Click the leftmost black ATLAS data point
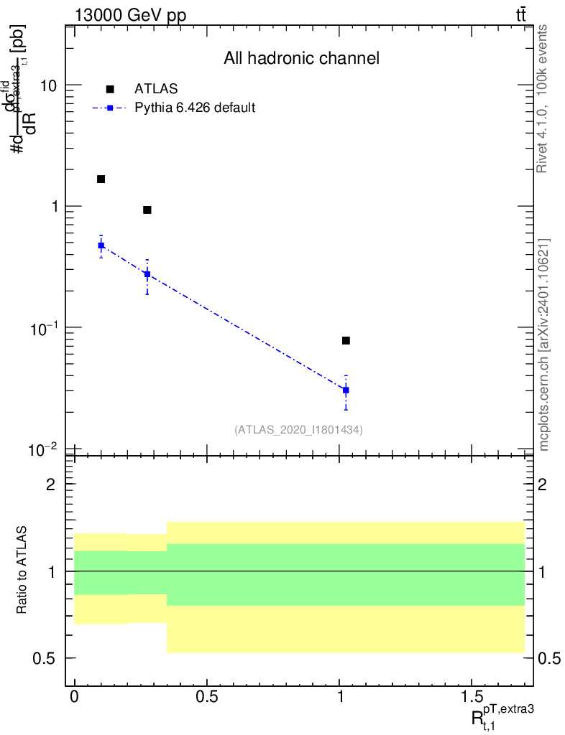[x=101, y=179]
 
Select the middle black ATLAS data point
[x=147, y=210]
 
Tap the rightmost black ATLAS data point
[x=346, y=340]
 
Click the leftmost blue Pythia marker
[x=101, y=245]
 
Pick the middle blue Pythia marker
[x=147, y=273]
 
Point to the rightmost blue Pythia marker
[x=346, y=390]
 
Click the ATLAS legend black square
[x=110, y=89]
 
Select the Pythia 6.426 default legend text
[x=196, y=108]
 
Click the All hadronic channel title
[x=301, y=59]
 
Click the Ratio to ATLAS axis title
[x=23, y=571]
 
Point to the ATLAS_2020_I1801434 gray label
[x=298, y=430]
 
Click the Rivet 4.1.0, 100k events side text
[x=543, y=98]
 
